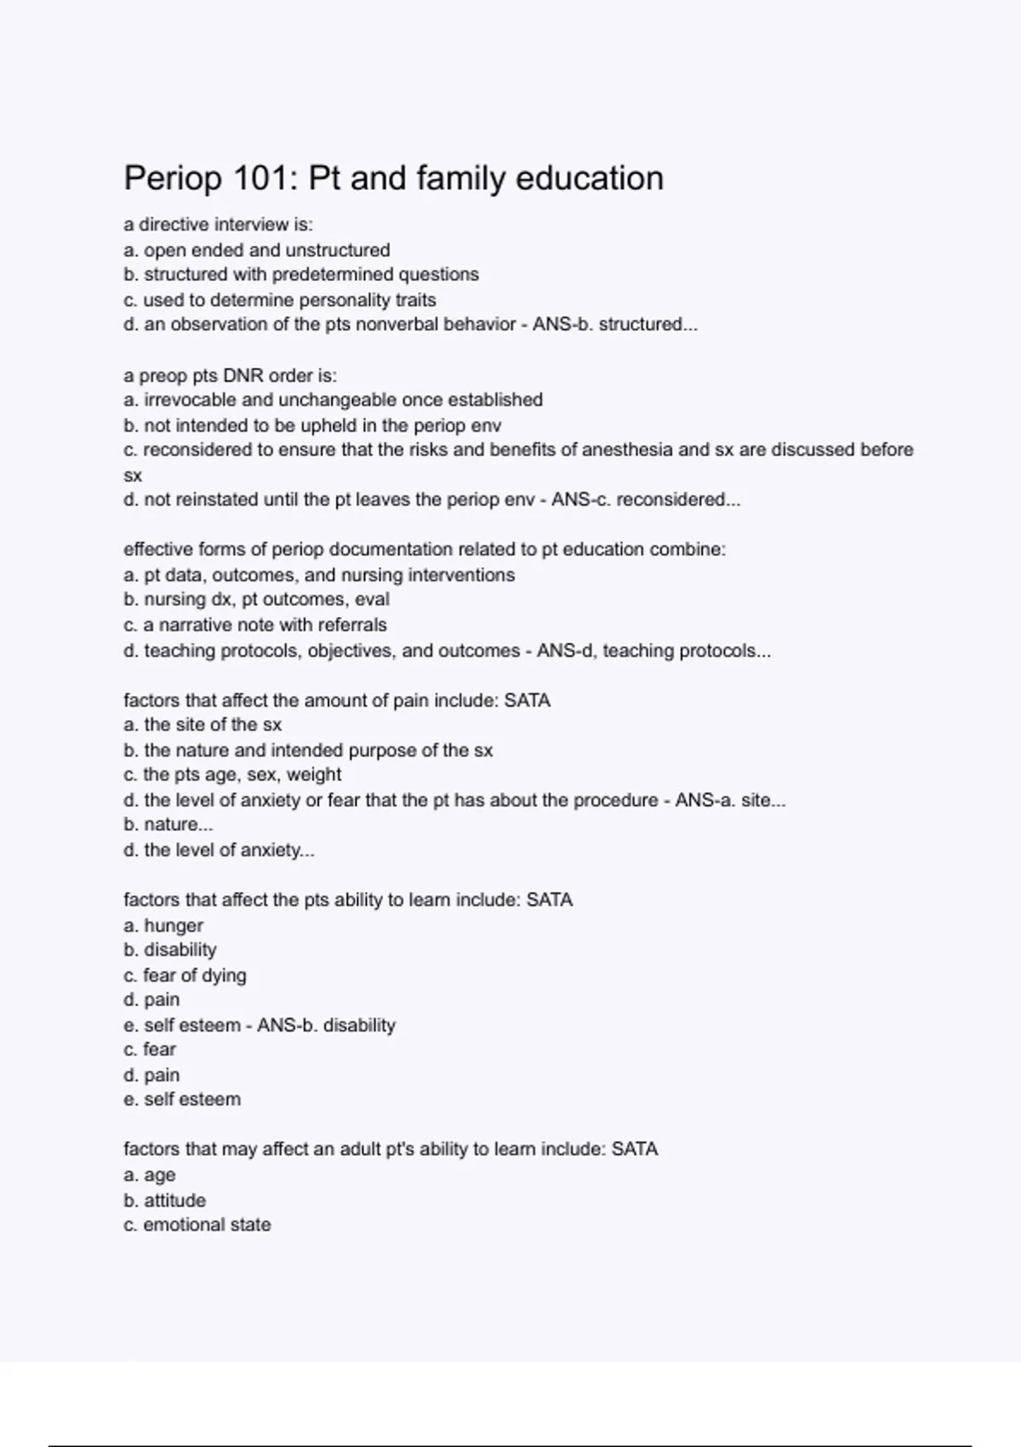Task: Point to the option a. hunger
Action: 163,925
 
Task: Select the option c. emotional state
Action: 197,1225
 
